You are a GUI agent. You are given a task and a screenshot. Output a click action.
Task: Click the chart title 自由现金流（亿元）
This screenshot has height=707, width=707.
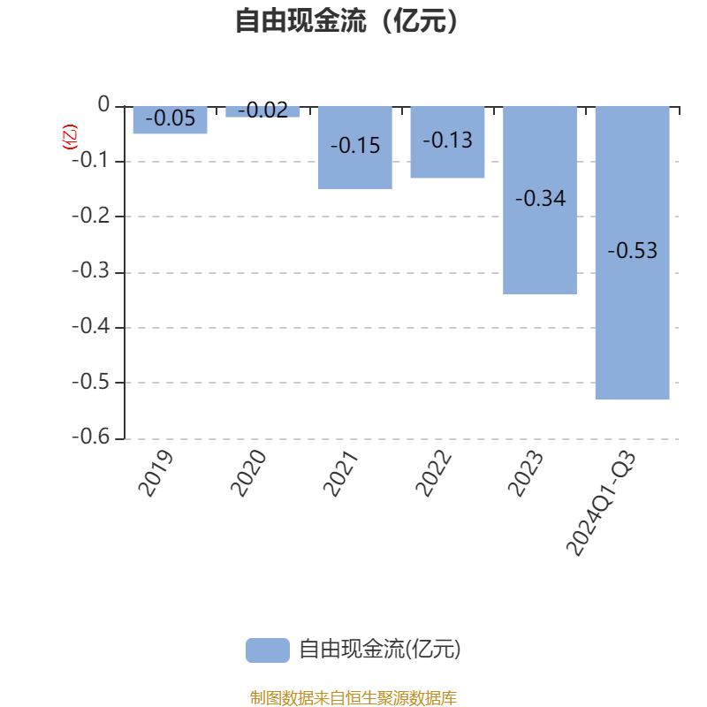click(x=346, y=20)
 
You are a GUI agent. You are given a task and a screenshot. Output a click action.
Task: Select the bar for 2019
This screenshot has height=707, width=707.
click(x=171, y=120)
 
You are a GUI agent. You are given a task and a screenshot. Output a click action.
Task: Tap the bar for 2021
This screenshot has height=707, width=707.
click(x=355, y=148)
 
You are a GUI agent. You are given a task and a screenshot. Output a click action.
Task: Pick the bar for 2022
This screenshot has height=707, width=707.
click(x=447, y=142)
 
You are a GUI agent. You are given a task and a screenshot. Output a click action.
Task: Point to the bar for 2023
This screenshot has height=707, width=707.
click(x=540, y=201)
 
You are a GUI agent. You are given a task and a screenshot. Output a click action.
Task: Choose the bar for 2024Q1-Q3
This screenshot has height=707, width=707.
click(x=633, y=253)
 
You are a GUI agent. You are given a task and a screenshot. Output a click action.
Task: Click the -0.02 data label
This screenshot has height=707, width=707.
click(x=262, y=110)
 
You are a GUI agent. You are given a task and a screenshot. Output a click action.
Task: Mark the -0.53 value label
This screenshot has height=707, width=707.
click(x=633, y=250)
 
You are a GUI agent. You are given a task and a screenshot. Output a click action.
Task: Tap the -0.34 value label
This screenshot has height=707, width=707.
click(x=540, y=198)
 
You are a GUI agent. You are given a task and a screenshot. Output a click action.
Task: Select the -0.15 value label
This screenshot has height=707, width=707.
click(x=355, y=146)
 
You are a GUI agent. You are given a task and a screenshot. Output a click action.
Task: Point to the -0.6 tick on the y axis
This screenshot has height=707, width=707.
click(x=91, y=437)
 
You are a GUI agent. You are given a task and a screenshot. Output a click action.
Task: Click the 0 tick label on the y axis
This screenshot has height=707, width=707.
click(x=103, y=104)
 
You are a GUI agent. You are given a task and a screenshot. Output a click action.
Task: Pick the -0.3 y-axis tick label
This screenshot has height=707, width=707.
click(x=91, y=270)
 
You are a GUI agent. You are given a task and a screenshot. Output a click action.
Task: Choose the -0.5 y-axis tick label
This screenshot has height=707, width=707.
click(x=91, y=382)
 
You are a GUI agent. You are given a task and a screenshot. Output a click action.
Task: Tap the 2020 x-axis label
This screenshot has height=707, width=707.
click(x=248, y=473)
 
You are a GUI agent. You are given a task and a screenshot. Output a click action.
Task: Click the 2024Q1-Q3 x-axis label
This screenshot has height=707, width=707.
click(x=601, y=503)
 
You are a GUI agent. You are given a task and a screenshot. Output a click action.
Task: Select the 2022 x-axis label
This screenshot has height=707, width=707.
click(x=433, y=473)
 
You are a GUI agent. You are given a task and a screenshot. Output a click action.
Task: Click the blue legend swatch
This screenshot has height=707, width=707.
click(x=268, y=650)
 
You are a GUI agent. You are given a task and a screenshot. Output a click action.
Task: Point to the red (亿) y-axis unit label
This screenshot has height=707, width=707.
click(x=70, y=137)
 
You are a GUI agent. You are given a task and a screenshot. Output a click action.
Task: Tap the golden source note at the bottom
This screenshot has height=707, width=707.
click(x=353, y=697)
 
